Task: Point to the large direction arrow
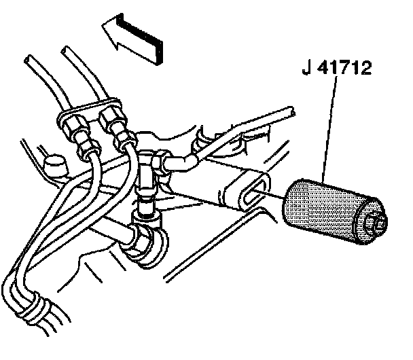coord(134,39)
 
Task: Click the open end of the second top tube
coord(66,50)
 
